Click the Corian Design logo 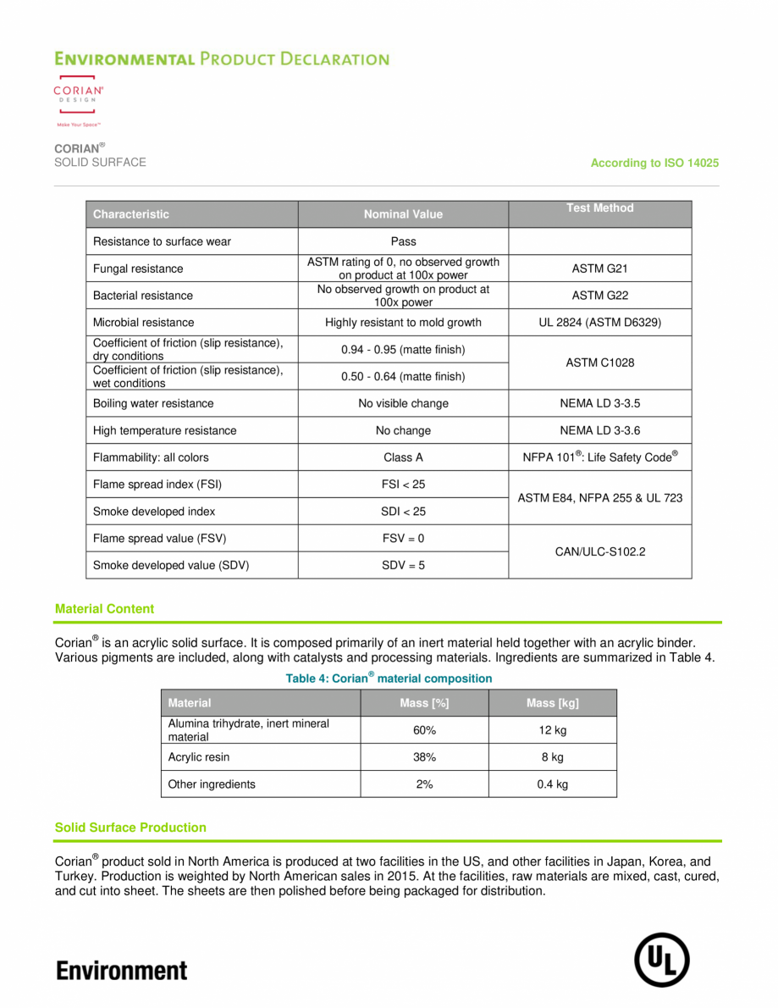click(79, 100)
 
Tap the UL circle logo click(662, 960)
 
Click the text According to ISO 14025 click(654, 163)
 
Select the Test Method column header click(599, 208)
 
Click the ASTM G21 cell click(599, 269)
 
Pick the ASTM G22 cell click(599, 296)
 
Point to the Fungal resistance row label click(138, 269)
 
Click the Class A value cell click(403, 457)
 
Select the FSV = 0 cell click(403, 538)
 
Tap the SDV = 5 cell click(403, 565)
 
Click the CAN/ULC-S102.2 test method click(599, 551)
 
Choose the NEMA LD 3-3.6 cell click(599, 430)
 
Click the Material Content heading click(104, 609)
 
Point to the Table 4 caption click(389, 678)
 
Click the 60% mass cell click(424, 730)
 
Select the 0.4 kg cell click(552, 784)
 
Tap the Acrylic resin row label click(199, 757)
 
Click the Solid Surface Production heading click(130, 828)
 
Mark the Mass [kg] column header click(552, 703)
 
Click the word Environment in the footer click(122, 970)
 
